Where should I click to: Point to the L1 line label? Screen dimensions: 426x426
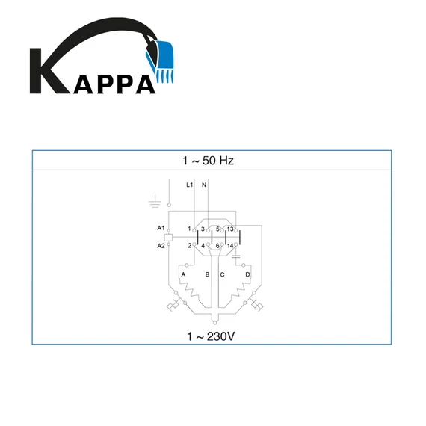pos(190,185)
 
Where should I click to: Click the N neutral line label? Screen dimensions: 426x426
pos(205,185)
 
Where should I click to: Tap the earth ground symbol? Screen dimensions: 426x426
pos(155,201)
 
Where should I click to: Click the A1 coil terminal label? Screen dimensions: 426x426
pos(161,227)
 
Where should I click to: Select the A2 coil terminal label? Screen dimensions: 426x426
pos(161,245)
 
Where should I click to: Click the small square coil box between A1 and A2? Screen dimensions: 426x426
pos(170,236)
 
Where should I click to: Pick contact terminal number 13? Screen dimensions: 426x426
pos(230,228)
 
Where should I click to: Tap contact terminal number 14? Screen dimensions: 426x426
pos(230,246)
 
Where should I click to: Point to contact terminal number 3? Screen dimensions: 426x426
pos(203,228)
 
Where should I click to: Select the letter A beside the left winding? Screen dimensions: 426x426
pos(183,274)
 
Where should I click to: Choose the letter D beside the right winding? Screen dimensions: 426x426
pos(247,274)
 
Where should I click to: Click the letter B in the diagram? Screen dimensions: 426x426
pos(207,274)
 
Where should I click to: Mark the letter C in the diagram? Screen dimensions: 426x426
pos(222,274)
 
